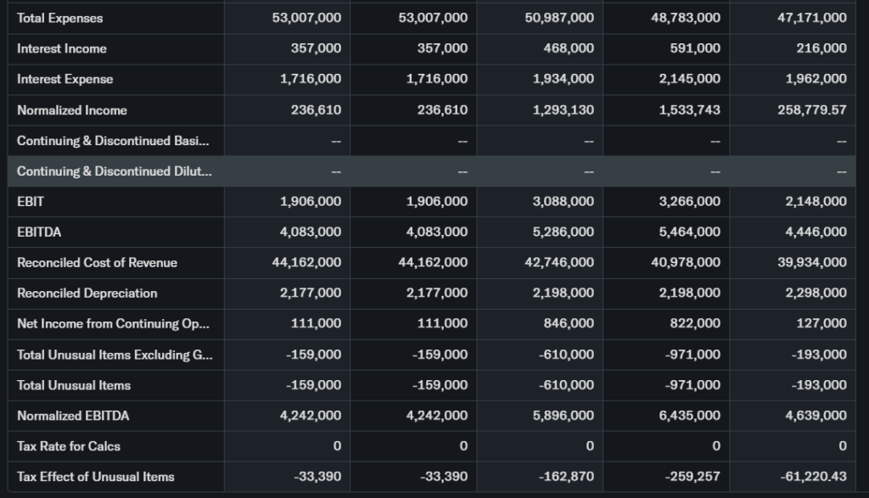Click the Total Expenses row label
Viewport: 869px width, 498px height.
[59, 18]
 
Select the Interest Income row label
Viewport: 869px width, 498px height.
[62, 48]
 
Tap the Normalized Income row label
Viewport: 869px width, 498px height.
[72, 110]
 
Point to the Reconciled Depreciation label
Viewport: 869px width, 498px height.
[87, 294]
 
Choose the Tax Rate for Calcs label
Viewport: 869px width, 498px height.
[67, 446]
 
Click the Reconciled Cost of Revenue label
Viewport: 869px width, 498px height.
[98, 263]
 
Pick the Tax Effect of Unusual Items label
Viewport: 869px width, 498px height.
[96, 477]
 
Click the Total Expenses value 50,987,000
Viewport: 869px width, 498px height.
[559, 18]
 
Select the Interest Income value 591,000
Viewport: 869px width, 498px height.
[695, 48]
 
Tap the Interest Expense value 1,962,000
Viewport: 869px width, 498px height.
[812, 79]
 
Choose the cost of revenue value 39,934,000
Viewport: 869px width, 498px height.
[812, 263]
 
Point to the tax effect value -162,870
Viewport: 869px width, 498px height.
[566, 477]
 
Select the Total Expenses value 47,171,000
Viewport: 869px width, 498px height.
[812, 18]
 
